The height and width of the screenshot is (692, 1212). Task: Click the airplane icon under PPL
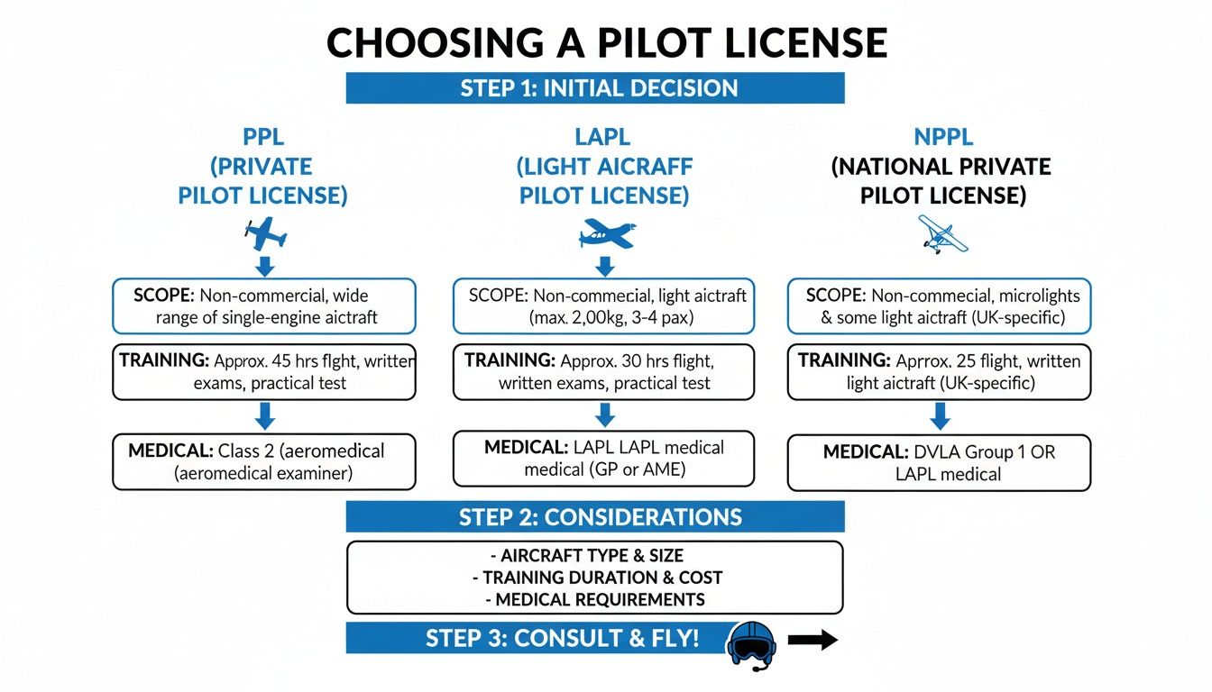[x=265, y=233]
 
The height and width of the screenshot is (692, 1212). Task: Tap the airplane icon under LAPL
[x=606, y=233]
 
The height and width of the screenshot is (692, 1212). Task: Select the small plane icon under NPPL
[x=941, y=233]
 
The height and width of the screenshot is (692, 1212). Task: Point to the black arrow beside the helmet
[x=813, y=641]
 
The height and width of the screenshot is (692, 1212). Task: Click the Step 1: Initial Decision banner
[x=595, y=88]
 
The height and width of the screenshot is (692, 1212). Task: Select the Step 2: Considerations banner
[x=595, y=517]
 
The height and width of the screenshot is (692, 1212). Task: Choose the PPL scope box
[x=264, y=306]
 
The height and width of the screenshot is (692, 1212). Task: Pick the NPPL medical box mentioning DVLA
[x=939, y=463]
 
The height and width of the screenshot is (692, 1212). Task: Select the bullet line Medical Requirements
[x=595, y=599]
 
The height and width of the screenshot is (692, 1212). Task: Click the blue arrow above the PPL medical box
[x=264, y=415]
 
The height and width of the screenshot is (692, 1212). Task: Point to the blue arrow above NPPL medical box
[x=940, y=415]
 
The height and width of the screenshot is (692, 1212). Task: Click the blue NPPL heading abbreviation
[x=942, y=138]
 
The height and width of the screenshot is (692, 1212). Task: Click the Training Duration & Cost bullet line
[x=595, y=578]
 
